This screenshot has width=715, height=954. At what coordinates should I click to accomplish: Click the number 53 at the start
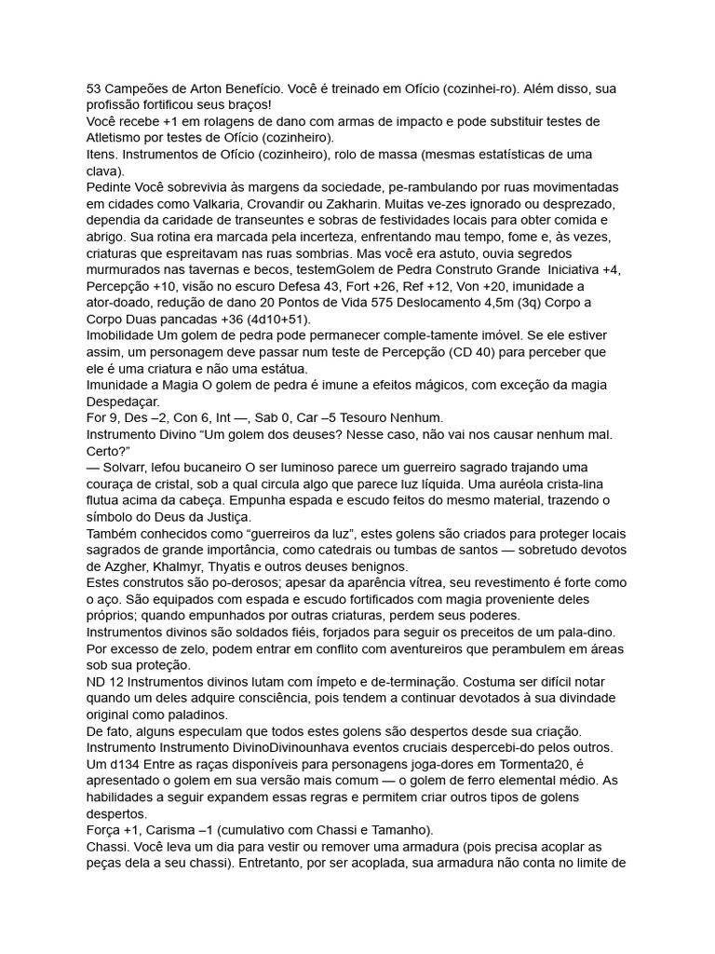[x=94, y=89]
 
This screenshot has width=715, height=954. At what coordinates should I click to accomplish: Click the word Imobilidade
[x=126, y=335]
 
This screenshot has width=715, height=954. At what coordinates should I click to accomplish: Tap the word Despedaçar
[x=128, y=402]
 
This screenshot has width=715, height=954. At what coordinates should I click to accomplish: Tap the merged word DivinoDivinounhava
[x=297, y=748]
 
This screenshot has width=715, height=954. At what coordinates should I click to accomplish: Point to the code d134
[x=128, y=765]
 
